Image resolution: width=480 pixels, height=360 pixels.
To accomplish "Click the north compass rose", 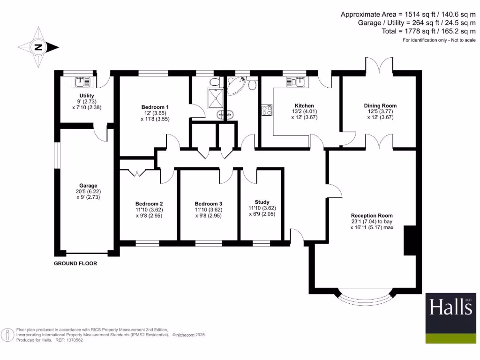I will tap(38, 47).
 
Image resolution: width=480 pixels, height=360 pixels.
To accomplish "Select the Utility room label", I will tap(87, 96).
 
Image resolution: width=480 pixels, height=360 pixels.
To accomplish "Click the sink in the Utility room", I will tap(82, 82).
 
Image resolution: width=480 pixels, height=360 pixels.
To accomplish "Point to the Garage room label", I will tap(88, 186).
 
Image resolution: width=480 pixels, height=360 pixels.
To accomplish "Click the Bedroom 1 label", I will tap(155, 107).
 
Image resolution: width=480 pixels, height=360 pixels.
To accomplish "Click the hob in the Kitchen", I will tap(267, 111).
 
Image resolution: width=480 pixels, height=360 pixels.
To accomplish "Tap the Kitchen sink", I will tap(296, 82).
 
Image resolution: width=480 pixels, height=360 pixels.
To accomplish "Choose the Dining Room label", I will tap(380, 106).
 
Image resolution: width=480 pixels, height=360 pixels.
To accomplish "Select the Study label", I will tap(262, 202).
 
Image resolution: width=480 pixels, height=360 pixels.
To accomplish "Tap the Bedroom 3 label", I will tap(209, 203).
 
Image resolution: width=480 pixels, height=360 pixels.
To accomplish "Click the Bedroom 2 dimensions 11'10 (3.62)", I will tap(149, 210).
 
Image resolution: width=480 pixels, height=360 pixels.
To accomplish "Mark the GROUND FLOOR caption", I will tap(75, 263).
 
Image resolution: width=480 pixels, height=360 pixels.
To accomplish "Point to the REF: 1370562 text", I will tap(69, 340).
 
